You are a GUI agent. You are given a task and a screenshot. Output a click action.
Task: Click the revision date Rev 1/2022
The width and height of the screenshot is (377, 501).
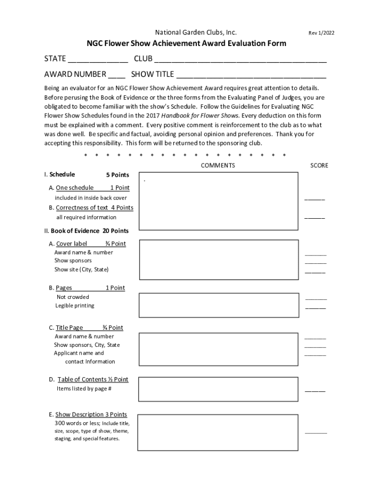point(321,33)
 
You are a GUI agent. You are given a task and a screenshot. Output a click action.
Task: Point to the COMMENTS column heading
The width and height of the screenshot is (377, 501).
point(218,165)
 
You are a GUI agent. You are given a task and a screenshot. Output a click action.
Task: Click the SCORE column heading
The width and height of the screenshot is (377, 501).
point(319,165)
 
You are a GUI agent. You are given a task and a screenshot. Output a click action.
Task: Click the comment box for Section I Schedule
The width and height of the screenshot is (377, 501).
point(218,201)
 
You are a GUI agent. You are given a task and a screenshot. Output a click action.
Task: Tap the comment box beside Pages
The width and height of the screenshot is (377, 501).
point(218,305)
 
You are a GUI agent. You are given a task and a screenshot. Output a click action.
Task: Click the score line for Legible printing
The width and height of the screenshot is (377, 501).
point(316,308)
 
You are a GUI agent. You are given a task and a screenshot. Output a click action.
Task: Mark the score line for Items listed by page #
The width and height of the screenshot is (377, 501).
point(315,390)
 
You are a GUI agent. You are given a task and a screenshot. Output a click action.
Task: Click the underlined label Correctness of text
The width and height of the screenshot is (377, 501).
point(82,207)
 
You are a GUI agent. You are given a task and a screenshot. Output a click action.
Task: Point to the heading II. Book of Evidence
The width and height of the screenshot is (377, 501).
point(86,231)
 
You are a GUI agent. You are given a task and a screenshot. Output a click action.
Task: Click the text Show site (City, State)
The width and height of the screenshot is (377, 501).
point(81,270)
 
